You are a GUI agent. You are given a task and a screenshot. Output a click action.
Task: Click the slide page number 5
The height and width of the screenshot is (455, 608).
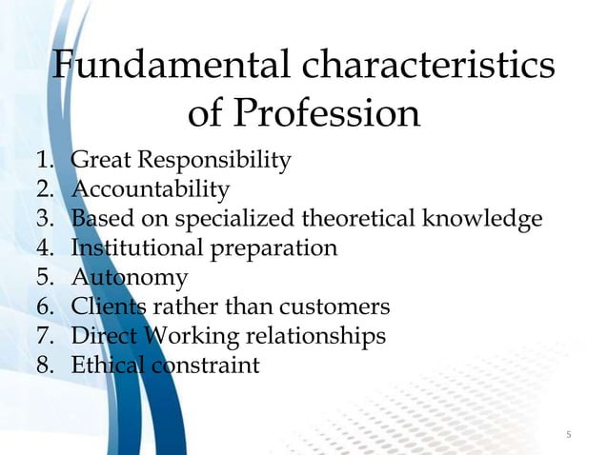tap(568, 436)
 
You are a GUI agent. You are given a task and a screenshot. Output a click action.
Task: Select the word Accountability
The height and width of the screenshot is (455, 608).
tap(151, 188)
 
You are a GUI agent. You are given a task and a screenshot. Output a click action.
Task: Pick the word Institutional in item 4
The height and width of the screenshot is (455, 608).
tap(132, 248)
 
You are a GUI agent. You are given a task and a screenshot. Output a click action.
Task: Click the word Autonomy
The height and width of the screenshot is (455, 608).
tap(130, 278)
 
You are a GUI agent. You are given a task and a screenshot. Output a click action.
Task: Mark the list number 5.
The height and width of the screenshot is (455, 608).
tap(43, 278)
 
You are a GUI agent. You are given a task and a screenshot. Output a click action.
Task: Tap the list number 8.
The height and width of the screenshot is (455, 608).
tap(43, 366)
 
